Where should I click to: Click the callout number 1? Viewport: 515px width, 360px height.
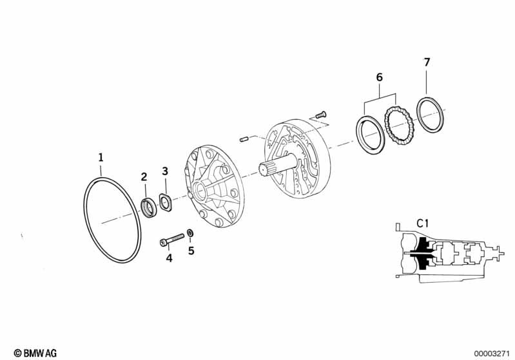coord(101,158)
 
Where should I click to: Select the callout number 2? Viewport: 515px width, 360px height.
coord(144,177)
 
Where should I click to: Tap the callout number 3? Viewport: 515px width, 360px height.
coord(165,171)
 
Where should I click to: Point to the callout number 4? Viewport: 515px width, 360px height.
coord(169,259)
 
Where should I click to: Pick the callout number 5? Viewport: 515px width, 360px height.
coord(191,251)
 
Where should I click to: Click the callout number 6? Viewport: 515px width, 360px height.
coord(380,77)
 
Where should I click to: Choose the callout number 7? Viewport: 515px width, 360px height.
coord(427,62)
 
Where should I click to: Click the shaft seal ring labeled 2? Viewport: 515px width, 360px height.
coord(150,207)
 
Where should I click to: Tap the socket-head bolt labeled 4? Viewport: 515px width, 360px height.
coord(172,239)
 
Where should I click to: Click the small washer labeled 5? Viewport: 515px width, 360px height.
coord(190,233)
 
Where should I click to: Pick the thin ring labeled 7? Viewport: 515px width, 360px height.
coord(430,115)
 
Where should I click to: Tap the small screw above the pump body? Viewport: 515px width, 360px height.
coord(320,115)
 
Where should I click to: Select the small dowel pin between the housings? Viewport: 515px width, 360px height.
coord(244,140)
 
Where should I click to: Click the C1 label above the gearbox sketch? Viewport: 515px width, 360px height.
coord(423,224)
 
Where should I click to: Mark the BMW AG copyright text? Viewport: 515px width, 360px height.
coord(35,353)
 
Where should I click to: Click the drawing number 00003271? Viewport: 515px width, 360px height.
coord(492,354)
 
